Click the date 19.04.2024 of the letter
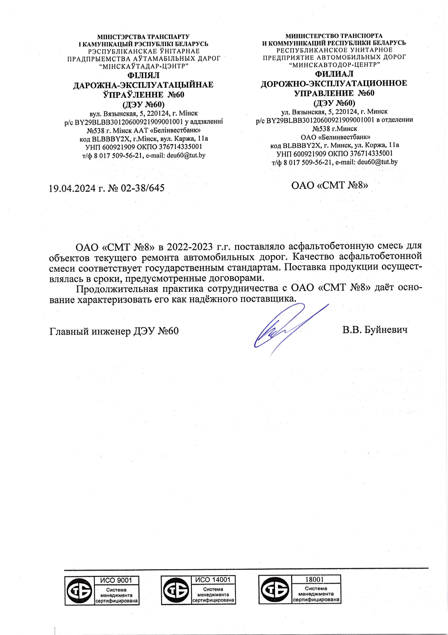pos(72,188)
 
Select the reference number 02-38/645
pos(143,188)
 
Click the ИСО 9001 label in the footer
pos(116,580)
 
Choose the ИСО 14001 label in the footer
pos(213,580)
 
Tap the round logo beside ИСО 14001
pos(176,590)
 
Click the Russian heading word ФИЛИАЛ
pos(334,74)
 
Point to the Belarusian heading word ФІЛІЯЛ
pos(143,75)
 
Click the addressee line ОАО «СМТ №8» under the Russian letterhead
pos(329,186)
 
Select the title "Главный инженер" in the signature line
pos(90,331)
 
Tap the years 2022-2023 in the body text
pos(190,247)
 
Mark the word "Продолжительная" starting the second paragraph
pos(117,289)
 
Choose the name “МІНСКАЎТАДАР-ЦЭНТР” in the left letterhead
pos(143,66)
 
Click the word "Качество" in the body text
pos(314,257)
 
